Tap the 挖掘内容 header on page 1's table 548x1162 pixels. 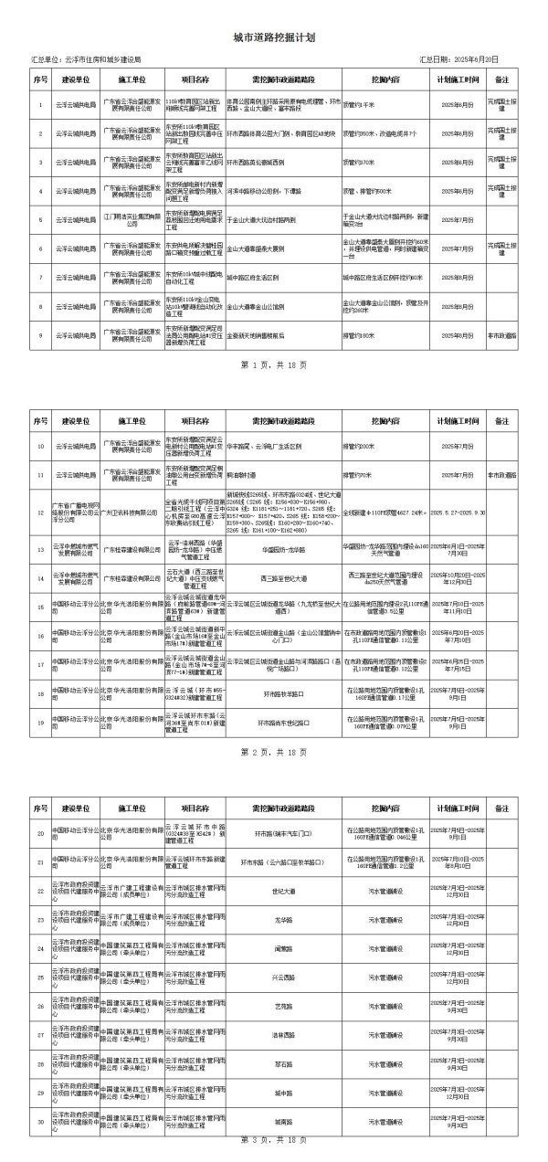[382, 80]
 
